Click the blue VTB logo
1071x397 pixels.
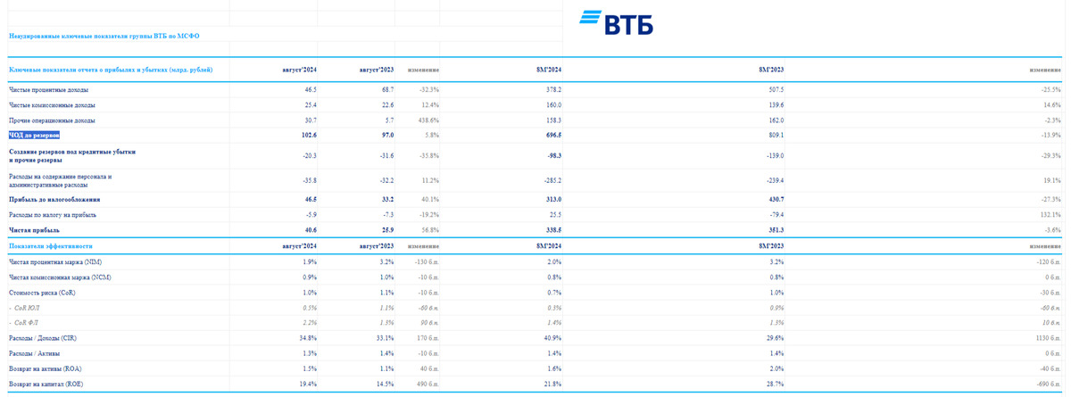pyautogui.click(x=616, y=23)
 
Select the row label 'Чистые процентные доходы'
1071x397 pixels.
pyautogui.click(x=49, y=90)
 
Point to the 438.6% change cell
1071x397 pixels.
pyautogui.click(x=423, y=120)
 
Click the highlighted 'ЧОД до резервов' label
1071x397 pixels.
pyautogui.click(x=34, y=135)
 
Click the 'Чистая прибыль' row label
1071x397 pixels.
pyautogui.click(x=34, y=230)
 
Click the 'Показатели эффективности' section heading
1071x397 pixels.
pyautogui.click(x=51, y=245)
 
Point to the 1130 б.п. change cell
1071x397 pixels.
pyautogui.click(x=1045, y=338)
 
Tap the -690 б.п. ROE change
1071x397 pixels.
pyautogui.click(x=1046, y=384)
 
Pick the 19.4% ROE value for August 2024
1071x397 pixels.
pyautogui.click(x=308, y=384)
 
